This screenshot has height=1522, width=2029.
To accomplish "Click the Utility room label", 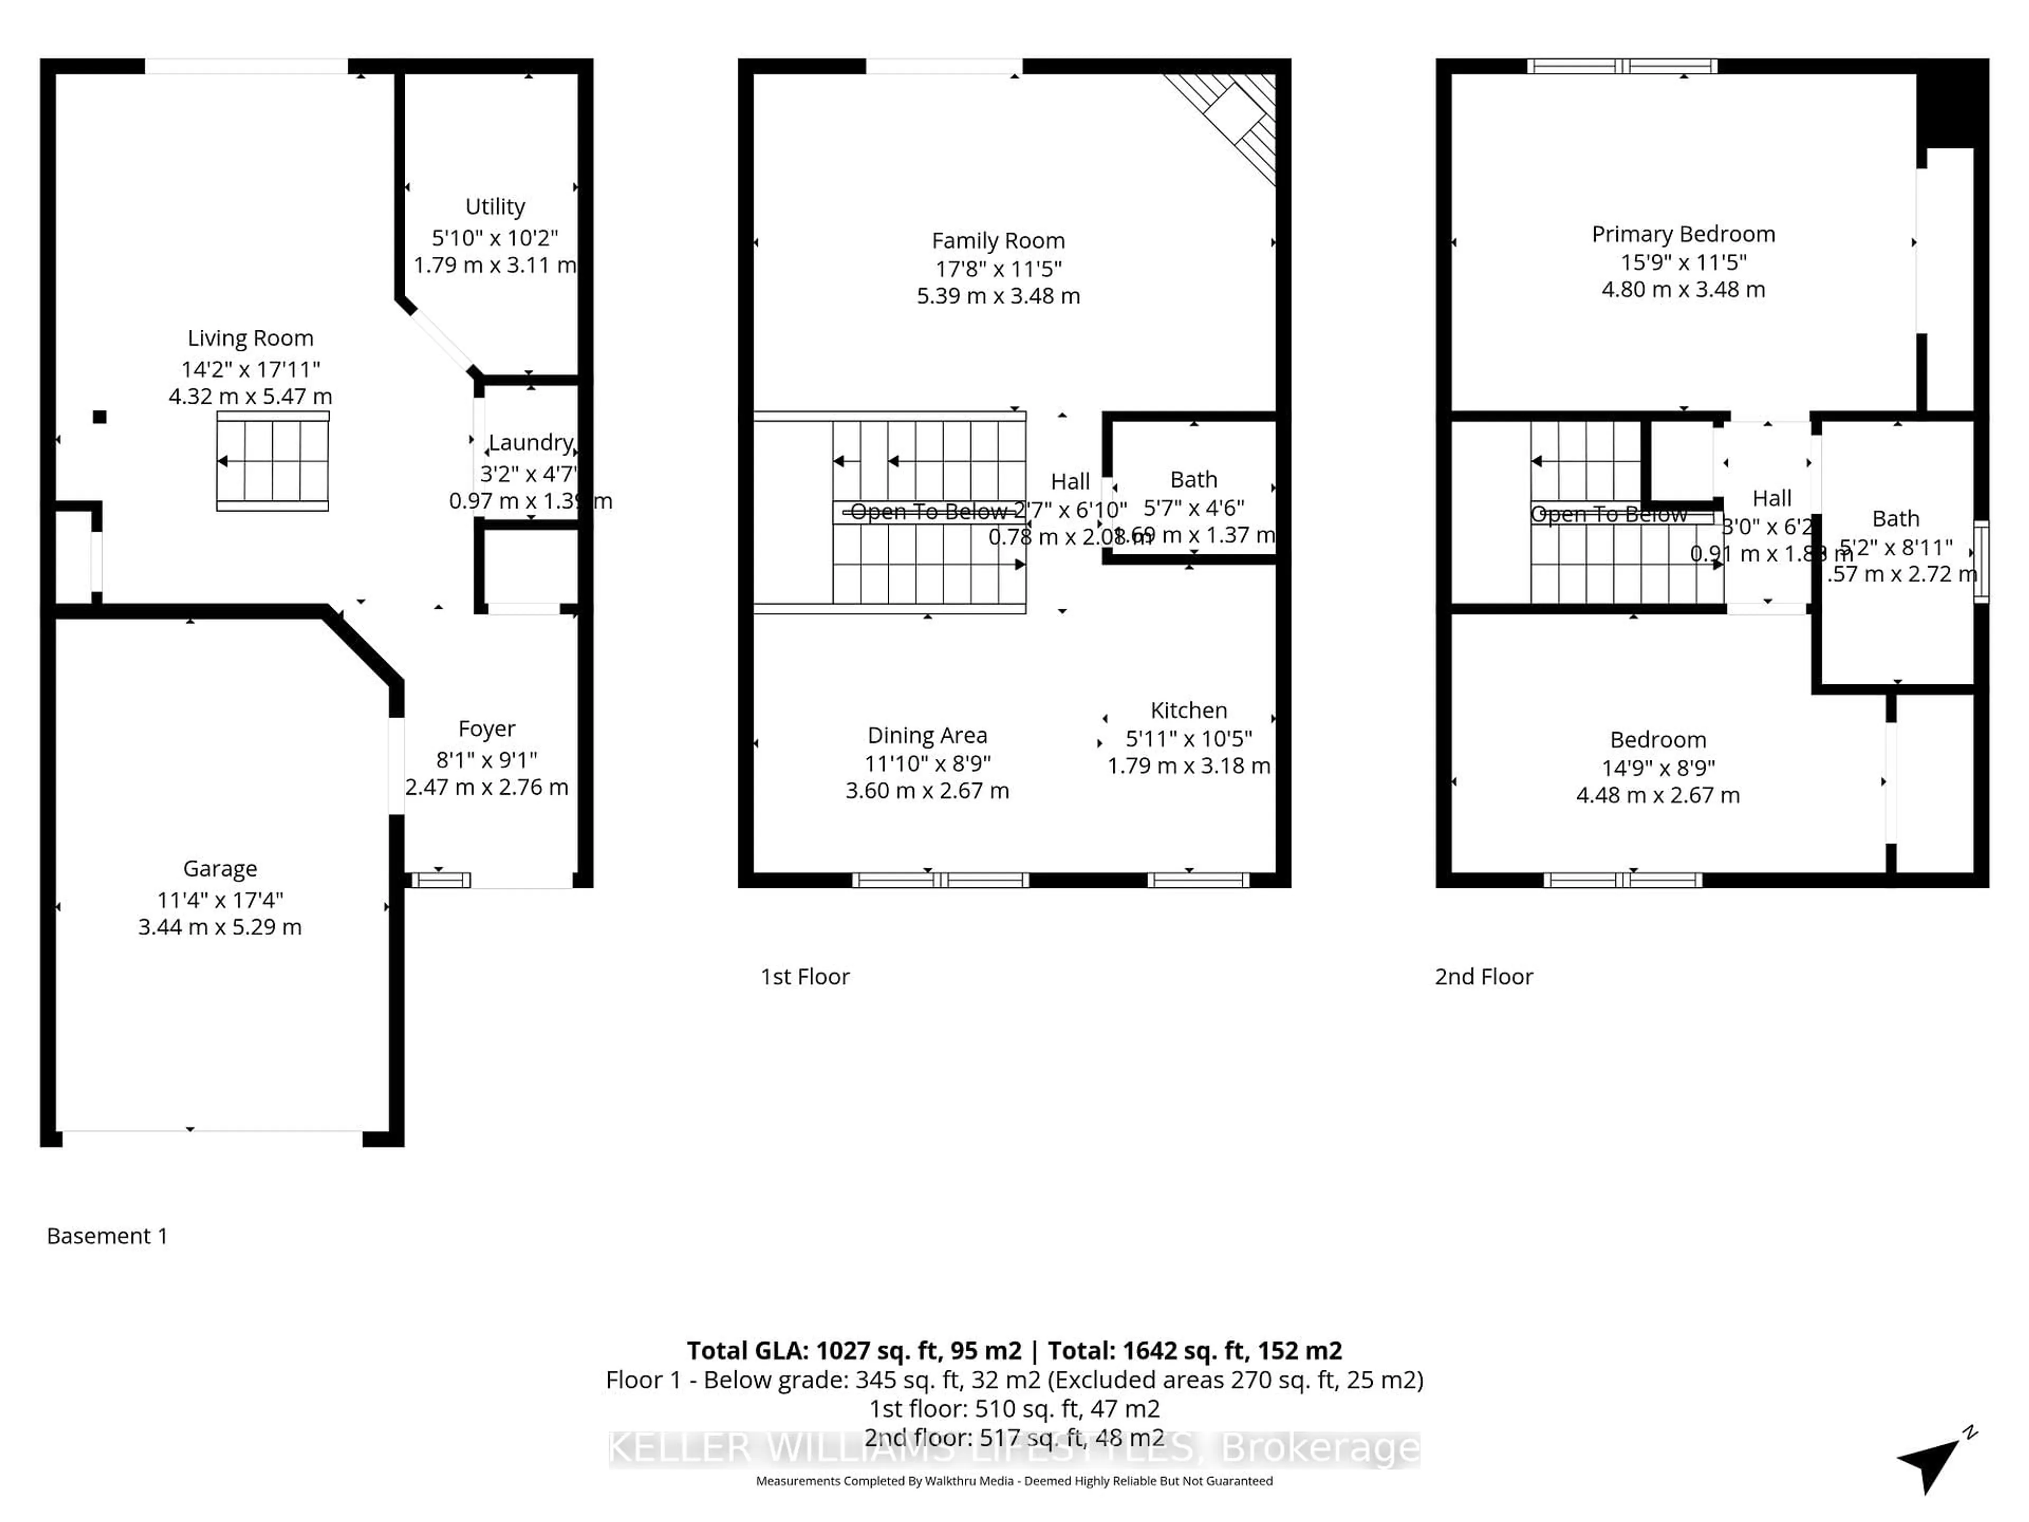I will coord(495,207).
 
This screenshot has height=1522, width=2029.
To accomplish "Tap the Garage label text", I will coord(220,868).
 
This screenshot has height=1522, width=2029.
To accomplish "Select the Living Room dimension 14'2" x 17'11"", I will coord(250,369).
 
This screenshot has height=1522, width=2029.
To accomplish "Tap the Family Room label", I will coord(998,240).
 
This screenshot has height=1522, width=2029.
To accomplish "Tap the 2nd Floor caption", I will coord(1483,976).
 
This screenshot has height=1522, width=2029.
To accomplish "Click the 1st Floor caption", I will coord(804,976).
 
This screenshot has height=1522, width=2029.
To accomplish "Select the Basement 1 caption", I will coord(107,1236).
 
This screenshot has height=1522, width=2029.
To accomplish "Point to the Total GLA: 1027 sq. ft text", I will coord(853,1350).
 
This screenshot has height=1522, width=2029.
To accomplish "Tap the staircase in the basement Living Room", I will coord(273,460).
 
